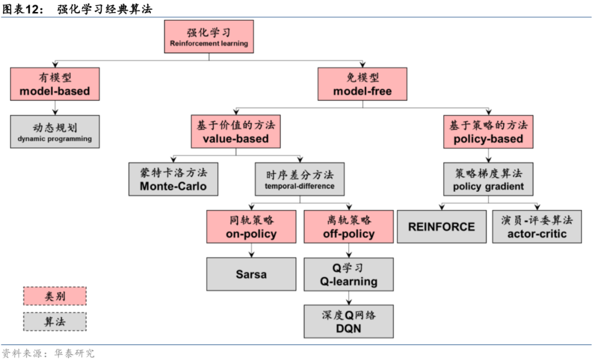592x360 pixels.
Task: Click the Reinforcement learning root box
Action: point(209,37)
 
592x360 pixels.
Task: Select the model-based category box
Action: point(55,84)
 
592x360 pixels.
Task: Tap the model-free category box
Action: point(362,84)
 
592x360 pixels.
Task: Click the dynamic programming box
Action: point(55,132)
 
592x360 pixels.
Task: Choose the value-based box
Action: point(236,132)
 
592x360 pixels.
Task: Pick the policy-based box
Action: point(488,132)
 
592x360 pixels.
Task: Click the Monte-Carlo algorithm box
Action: point(173,179)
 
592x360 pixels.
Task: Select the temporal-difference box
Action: point(300,179)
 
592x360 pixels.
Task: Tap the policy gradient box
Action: point(488,179)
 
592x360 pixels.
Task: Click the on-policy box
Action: point(251,227)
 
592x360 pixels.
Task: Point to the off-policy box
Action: point(349,227)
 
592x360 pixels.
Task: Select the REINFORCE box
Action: point(441,227)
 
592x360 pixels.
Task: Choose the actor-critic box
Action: point(537,227)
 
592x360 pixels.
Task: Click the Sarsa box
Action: point(251,274)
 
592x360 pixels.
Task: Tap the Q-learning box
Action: point(349,274)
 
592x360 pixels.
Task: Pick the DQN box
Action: point(349,322)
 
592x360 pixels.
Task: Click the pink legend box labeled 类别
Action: point(55,296)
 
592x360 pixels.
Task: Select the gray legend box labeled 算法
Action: point(55,322)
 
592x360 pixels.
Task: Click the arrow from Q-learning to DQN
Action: point(349,298)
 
